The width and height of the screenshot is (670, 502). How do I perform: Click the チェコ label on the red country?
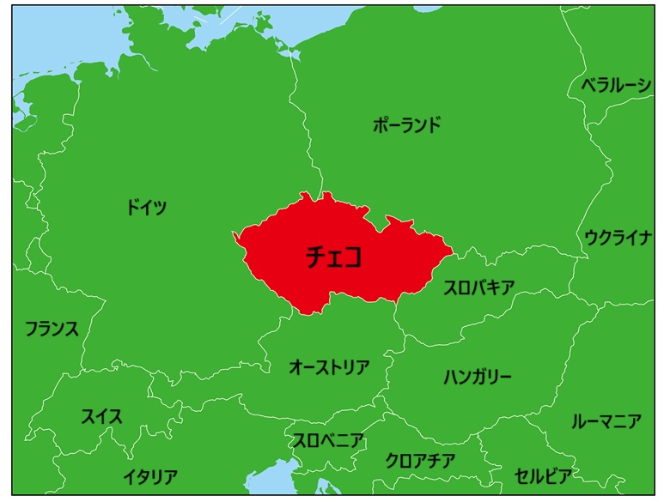pyautogui.click(x=334, y=257)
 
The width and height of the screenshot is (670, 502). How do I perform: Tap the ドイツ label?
pyautogui.click(x=147, y=207)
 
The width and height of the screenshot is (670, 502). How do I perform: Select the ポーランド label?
pyautogui.click(x=407, y=125)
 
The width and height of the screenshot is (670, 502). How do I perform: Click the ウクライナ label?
pyautogui.click(x=618, y=238)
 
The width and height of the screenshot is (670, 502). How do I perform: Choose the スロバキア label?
pyautogui.click(x=479, y=288)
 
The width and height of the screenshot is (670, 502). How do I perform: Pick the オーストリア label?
pyautogui.click(x=329, y=368)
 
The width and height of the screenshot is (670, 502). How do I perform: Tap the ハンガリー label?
pyautogui.click(x=478, y=377)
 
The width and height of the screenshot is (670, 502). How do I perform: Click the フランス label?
pyautogui.click(x=52, y=329)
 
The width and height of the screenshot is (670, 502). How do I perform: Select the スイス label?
pyautogui.click(x=101, y=417)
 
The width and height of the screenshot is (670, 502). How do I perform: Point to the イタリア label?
pyautogui.click(x=150, y=477)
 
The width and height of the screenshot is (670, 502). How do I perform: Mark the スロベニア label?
pyautogui.click(x=328, y=441)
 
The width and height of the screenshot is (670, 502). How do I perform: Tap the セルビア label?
pyautogui.click(x=543, y=475)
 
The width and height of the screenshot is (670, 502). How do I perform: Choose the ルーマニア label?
pyautogui.click(x=606, y=421)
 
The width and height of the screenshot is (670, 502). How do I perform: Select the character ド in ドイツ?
pyautogui.click(x=133, y=207)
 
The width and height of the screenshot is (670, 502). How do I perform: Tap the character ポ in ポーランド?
pyautogui.click(x=381, y=125)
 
